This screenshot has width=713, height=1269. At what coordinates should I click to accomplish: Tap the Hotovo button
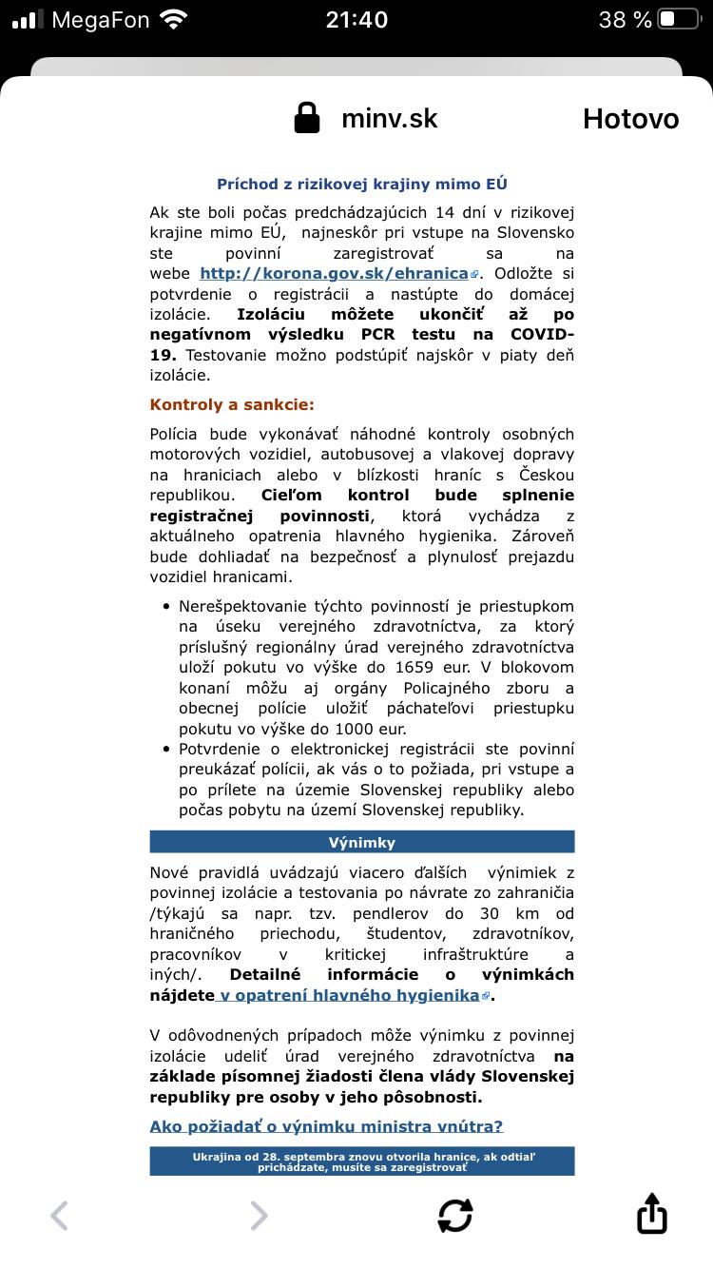630,119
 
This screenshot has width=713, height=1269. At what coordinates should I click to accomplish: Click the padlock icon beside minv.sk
307,119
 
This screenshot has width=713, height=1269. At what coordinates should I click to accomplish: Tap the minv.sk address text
390,119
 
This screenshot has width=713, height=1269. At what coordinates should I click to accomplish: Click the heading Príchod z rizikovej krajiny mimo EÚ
362,185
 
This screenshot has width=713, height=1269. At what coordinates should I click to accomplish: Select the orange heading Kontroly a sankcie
232,404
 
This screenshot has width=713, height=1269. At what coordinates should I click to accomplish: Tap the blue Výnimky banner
362,842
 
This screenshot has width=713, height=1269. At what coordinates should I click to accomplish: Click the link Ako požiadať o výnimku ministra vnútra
326,1126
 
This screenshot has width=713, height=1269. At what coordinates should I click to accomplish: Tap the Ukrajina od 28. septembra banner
362,1161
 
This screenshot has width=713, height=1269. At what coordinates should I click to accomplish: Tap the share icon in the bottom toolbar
651,1215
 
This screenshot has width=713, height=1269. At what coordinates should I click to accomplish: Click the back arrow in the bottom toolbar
60,1215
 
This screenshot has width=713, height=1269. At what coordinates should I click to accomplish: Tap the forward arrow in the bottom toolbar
259,1215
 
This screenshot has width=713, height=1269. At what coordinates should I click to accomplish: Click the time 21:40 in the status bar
356,19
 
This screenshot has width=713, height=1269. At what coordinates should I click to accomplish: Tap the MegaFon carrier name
101,19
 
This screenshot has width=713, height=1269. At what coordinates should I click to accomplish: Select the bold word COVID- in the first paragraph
542,335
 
